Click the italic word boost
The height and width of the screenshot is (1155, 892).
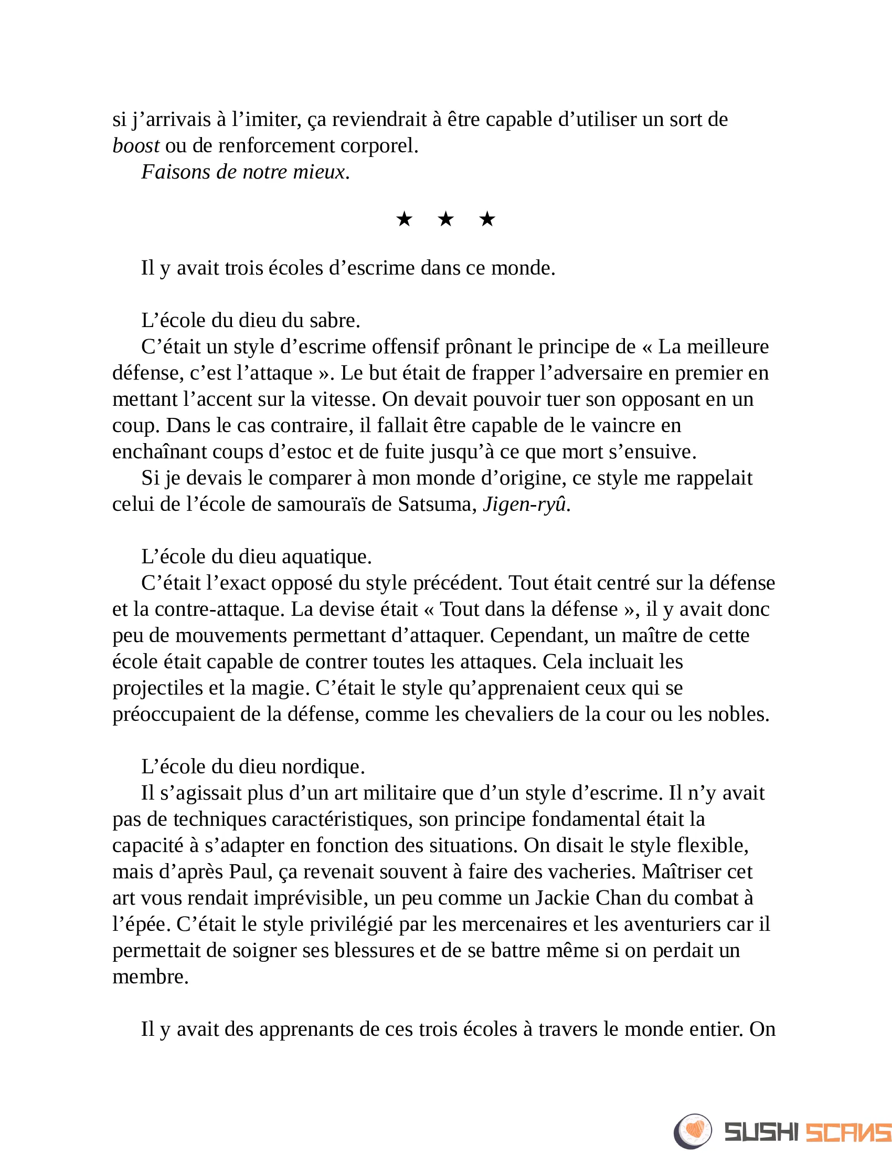tap(136, 145)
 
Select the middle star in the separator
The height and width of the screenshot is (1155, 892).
tap(445, 218)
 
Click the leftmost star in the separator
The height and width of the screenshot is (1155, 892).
tap(404, 218)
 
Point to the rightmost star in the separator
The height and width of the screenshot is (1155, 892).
tap(487, 218)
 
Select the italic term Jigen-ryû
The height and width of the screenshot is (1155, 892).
tap(524, 504)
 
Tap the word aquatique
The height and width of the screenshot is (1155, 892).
tap(326, 556)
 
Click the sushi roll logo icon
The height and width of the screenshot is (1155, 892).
tap(693, 1131)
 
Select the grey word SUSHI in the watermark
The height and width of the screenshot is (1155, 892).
tap(761, 1132)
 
